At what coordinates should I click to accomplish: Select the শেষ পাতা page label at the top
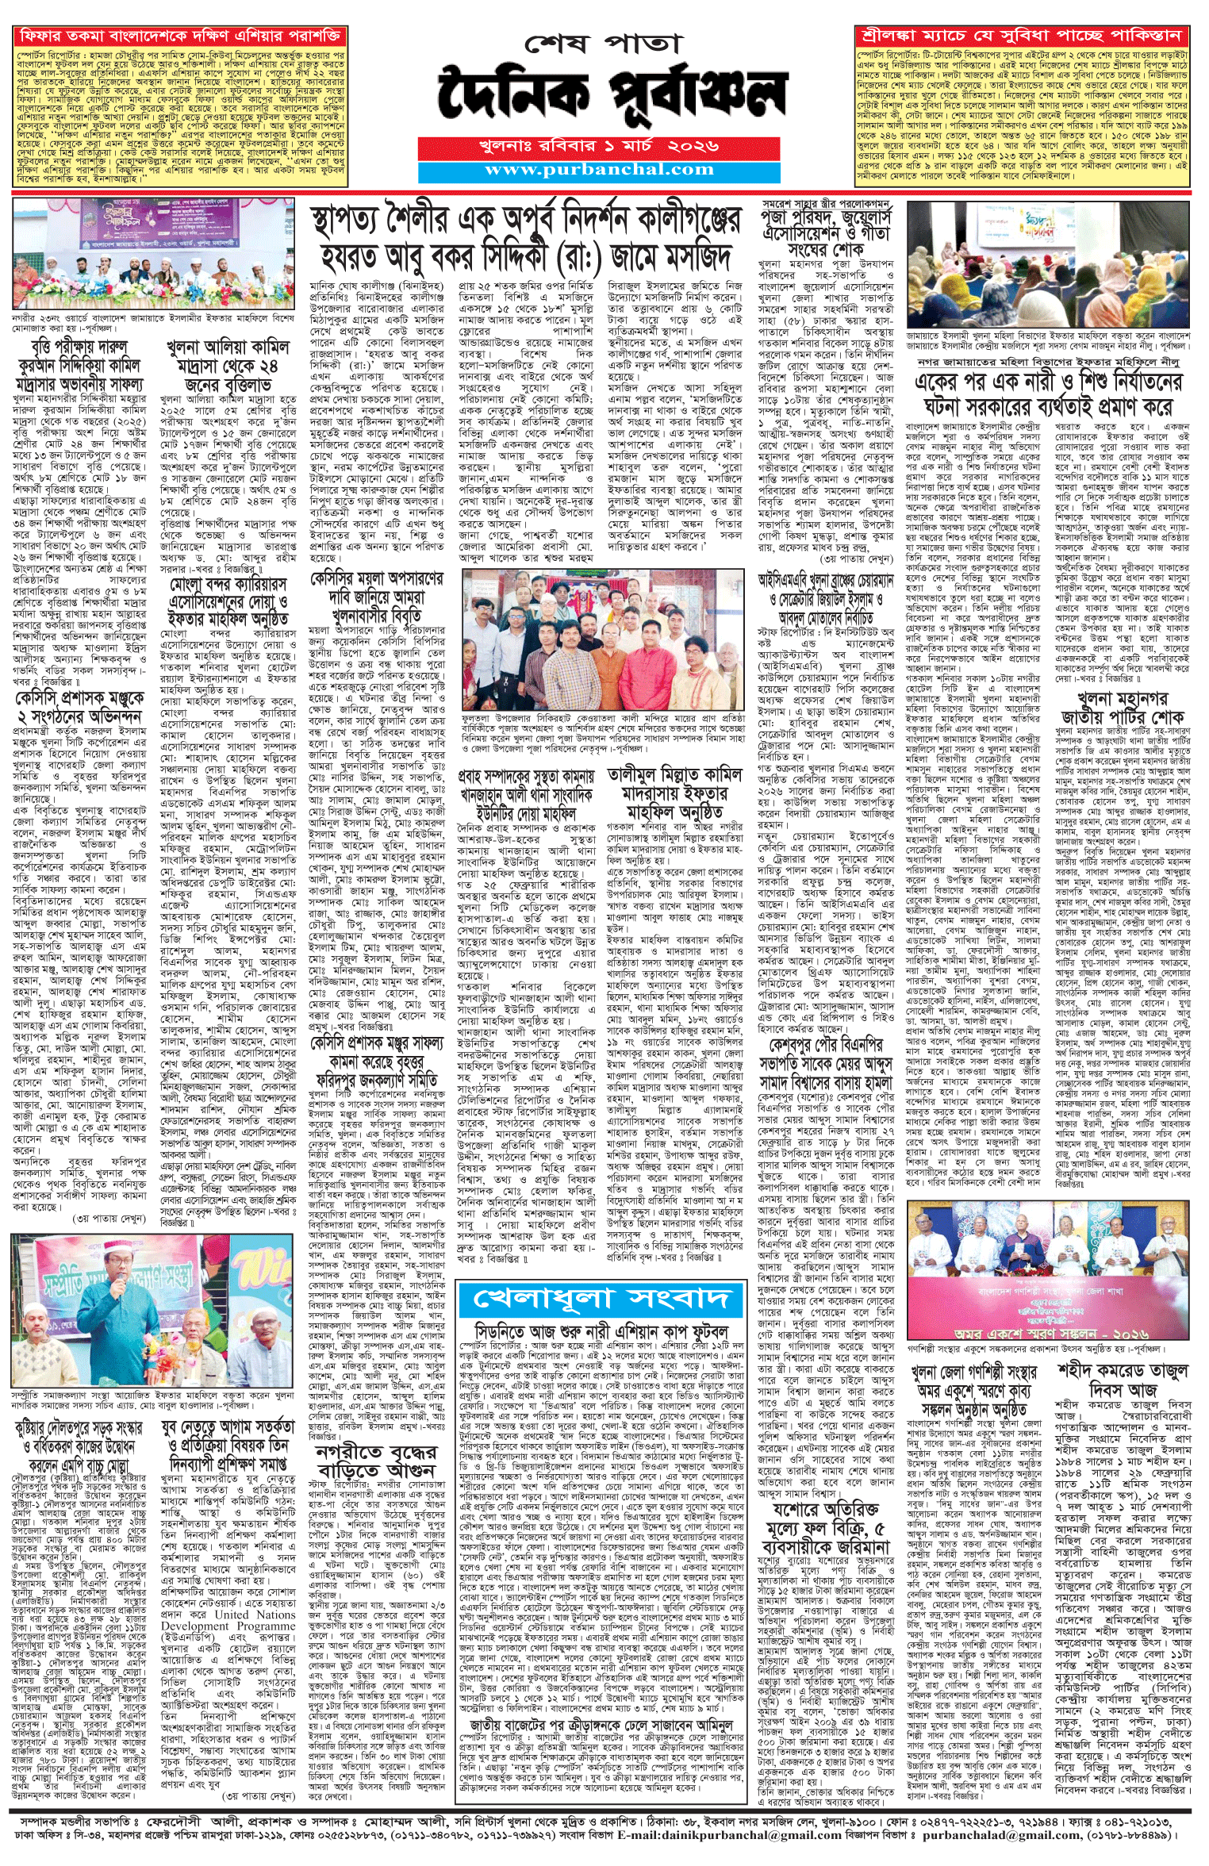coord(603,44)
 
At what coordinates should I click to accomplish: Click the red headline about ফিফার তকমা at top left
coord(180,36)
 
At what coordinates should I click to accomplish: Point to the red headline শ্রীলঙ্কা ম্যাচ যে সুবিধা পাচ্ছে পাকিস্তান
coord(1023,36)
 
